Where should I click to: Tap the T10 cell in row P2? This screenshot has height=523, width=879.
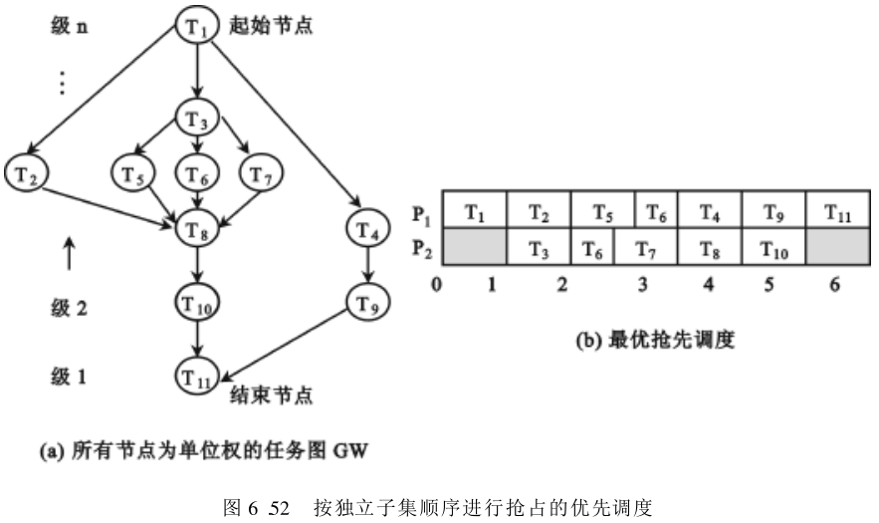[x=773, y=249]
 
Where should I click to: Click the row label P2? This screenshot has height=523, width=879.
[x=422, y=249]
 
